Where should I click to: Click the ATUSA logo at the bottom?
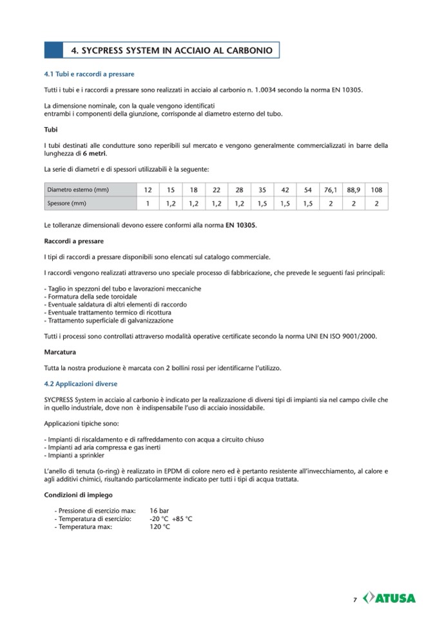coord(390,598)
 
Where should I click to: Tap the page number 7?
coord(355,599)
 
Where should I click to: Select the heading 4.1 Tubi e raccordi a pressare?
coord(89,76)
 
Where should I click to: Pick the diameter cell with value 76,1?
coord(331,190)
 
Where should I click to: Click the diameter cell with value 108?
coord(377,190)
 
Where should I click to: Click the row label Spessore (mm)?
coord(66,203)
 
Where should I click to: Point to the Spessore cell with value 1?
coord(148,203)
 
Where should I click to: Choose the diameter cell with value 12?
coord(148,190)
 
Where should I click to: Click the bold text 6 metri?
coord(94,154)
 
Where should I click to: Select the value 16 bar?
coord(159,511)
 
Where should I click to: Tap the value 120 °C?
coord(160,526)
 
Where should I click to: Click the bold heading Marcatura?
coord(60,352)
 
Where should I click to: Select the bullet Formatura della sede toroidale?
coord(91,296)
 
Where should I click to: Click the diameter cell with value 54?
coord(308,190)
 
